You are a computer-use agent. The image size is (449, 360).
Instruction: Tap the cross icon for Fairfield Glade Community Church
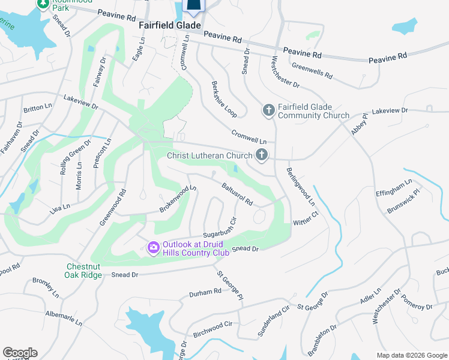(x=268, y=110)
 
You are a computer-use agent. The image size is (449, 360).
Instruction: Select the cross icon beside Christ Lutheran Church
(x=261, y=155)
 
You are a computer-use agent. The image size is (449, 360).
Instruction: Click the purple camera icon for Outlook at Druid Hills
(x=153, y=247)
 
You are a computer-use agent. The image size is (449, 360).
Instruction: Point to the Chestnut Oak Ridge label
(x=83, y=271)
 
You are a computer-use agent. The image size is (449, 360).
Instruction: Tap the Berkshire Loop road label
(x=224, y=99)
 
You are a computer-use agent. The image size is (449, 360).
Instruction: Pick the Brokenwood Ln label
(x=178, y=199)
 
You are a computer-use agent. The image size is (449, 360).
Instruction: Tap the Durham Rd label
(x=205, y=292)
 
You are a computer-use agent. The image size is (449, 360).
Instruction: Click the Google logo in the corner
(x=20, y=352)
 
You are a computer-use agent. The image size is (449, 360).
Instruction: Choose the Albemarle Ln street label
(x=64, y=318)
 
